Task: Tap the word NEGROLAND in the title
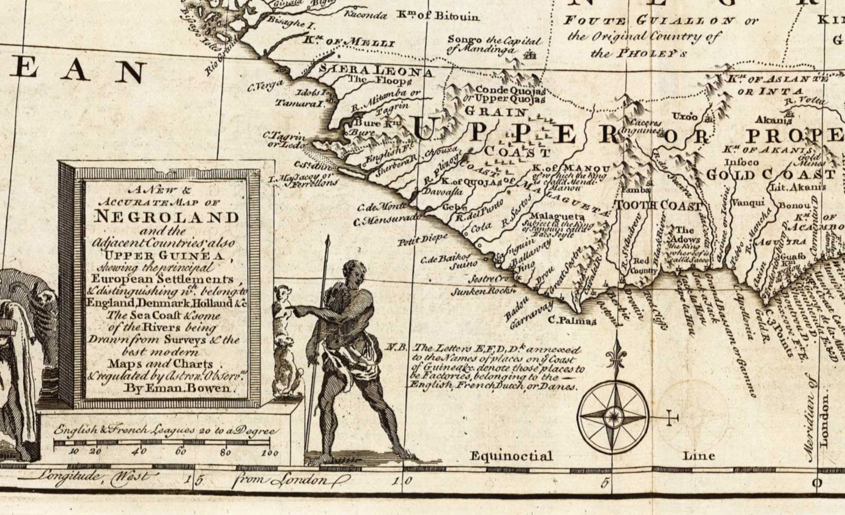166,217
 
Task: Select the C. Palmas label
572,320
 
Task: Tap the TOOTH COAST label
659,205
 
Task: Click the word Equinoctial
511,456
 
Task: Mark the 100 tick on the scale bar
269,452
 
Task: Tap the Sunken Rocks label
483,290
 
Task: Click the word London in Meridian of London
824,423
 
